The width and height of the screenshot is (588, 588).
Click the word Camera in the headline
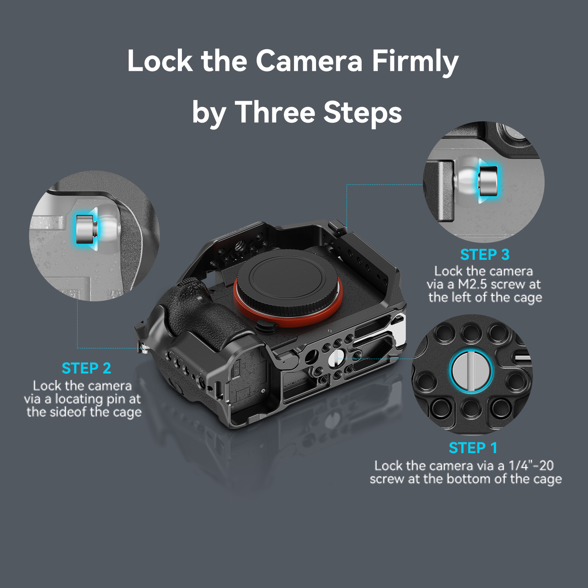(309, 61)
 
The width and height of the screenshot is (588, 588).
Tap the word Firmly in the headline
(415, 62)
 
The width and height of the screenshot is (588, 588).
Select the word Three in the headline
(275, 112)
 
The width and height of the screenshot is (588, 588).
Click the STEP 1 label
(473, 448)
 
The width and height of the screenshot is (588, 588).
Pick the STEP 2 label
(86, 368)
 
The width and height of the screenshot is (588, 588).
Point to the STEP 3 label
(485, 255)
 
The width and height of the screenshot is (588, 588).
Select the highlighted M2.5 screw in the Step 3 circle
(488, 181)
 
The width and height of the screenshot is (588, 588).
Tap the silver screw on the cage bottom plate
(335, 358)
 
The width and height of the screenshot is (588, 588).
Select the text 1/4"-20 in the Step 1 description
(531, 466)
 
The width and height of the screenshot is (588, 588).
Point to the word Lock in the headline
(160, 61)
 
